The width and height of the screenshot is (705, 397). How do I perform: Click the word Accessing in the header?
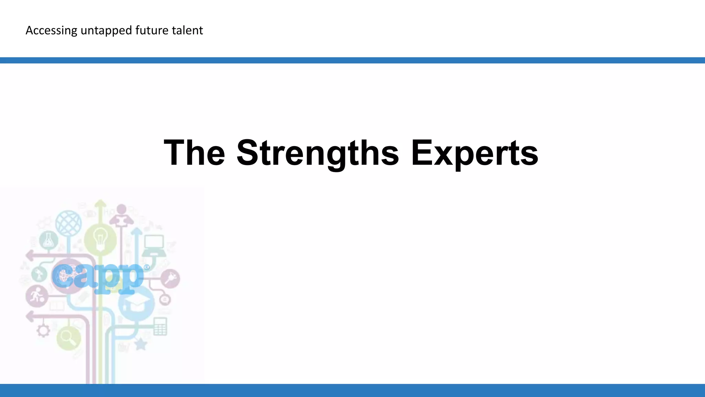pyautogui.click(x=51, y=31)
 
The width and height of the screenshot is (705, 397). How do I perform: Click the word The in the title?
pyautogui.click(x=194, y=152)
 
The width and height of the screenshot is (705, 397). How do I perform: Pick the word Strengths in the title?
pyautogui.click(x=318, y=153)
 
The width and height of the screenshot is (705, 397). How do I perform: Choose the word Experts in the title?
pyautogui.click(x=475, y=153)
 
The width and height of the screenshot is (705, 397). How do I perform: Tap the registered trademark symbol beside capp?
pyautogui.click(x=147, y=267)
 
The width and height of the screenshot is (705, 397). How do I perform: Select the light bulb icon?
pyautogui.click(x=100, y=238)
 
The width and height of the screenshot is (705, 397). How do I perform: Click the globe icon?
pyautogui.click(x=69, y=223)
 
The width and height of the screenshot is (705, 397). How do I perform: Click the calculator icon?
pyautogui.click(x=160, y=326)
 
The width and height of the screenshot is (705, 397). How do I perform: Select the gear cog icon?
pyautogui.click(x=43, y=331)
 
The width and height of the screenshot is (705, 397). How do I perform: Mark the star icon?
pyautogui.click(x=140, y=344)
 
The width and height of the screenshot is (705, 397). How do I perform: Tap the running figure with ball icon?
pyautogui.click(x=36, y=296)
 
